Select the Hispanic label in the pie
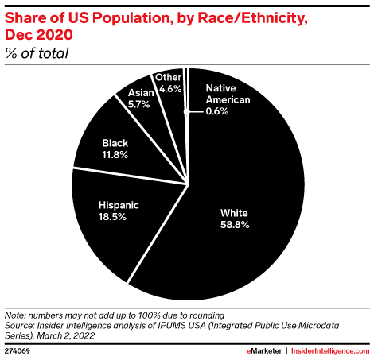119,204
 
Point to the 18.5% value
119,217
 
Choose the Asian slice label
141,93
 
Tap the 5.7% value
141,104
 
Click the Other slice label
169,77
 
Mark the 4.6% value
169,89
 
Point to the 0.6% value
217,111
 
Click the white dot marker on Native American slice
187,112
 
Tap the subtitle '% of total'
37,54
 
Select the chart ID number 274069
18,350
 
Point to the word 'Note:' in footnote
18,315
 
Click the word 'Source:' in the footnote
22,324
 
